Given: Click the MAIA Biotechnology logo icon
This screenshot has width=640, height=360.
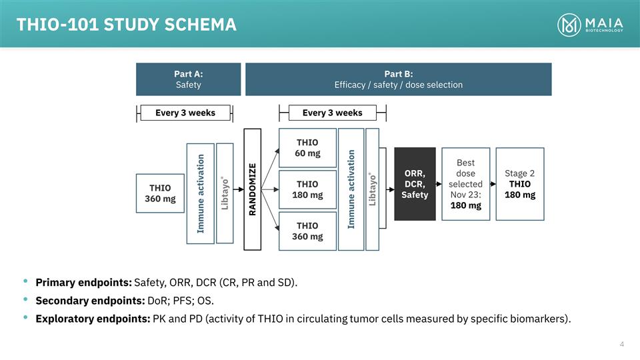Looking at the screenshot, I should [x=570, y=25].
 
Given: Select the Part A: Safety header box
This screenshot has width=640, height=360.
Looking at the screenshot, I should [x=188, y=79].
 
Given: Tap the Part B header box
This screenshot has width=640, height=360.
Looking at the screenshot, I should [x=398, y=79].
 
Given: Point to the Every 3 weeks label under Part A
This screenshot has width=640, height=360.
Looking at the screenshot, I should [x=185, y=113].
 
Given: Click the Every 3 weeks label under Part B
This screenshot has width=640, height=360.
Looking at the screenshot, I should [x=332, y=113].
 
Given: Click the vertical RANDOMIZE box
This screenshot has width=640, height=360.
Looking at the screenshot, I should [x=252, y=189].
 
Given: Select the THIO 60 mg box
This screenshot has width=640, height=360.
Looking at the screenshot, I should [x=307, y=147].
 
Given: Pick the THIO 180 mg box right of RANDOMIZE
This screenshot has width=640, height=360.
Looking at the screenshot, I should [x=307, y=189].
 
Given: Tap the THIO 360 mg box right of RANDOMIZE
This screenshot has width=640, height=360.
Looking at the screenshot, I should [x=307, y=231].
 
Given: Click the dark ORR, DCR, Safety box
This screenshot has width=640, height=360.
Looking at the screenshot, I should [x=415, y=183].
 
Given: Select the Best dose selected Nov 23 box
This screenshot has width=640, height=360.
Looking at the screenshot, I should [x=465, y=183].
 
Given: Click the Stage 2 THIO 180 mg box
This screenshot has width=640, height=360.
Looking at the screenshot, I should [x=519, y=183].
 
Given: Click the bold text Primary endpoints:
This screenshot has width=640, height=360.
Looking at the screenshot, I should [x=83, y=283].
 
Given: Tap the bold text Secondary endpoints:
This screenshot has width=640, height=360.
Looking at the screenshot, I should [x=90, y=301].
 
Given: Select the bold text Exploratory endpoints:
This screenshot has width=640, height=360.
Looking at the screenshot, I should [x=93, y=319].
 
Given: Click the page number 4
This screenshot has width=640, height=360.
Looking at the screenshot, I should [x=621, y=344].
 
